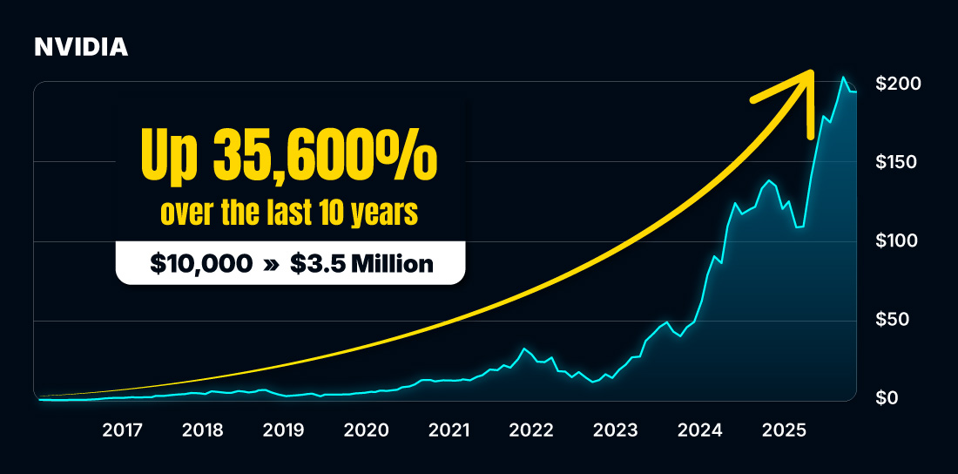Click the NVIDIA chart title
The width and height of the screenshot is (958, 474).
(x=81, y=48)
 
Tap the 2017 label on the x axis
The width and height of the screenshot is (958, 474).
(x=122, y=430)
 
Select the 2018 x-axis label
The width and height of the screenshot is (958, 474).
(x=203, y=430)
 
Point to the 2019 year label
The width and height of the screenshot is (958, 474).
(x=283, y=430)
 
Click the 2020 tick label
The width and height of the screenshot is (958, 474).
(x=366, y=430)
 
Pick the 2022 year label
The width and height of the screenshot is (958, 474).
(x=531, y=430)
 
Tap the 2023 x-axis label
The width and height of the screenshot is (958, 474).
(x=615, y=430)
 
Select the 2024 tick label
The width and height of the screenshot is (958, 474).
(x=699, y=430)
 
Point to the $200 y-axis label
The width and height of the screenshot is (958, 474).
(x=899, y=84)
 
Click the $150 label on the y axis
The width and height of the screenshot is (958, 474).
(x=899, y=162)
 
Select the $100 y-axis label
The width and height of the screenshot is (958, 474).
(x=899, y=240)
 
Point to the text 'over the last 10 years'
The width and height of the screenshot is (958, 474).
(x=290, y=213)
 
